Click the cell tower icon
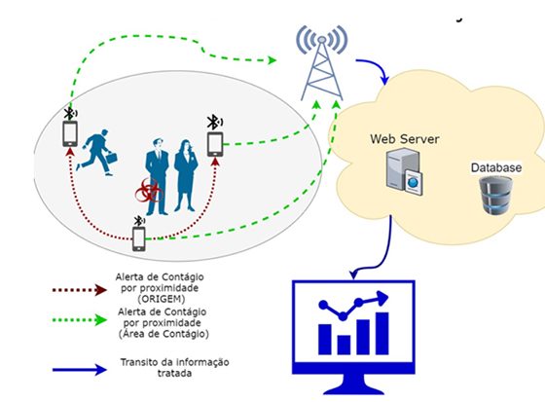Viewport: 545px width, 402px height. [x=322, y=63]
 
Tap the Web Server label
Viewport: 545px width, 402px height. [x=405, y=139]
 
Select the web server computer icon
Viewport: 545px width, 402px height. [x=405, y=171]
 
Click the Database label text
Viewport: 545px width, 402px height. [x=496, y=167]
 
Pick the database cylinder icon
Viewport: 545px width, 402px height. [x=495, y=195]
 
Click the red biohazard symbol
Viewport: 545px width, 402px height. [x=149, y=191]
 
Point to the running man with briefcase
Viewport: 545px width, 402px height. [x=96, y=152]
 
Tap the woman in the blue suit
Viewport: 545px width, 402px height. [x=186, y=175]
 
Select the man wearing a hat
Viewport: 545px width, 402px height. [x=157, y=176]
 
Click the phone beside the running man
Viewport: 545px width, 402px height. [x=70, y=133]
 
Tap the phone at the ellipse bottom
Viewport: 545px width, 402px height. [x=138, y=238]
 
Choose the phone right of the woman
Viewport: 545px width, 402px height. [x=215, y=144]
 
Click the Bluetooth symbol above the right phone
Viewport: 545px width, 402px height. [x=214, y=122]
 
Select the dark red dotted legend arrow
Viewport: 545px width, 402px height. [x=79, y=290]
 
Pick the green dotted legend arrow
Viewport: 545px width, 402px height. [x=79, y=320]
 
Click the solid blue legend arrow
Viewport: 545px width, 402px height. [x=79, y=369]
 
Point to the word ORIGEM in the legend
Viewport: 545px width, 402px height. [x=162, y=299]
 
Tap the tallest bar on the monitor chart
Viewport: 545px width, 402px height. [x=381, y=334]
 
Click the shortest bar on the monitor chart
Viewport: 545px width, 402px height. [x=344, y=345]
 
